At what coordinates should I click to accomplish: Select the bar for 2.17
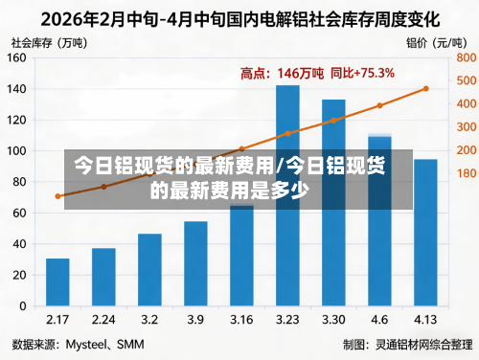57,282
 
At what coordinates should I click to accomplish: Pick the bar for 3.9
195,263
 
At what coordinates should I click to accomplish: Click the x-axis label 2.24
103,319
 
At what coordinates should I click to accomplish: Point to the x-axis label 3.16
241,319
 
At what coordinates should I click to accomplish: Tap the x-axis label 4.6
379,319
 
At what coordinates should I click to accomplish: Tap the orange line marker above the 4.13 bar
425,89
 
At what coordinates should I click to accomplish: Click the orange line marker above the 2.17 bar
58,196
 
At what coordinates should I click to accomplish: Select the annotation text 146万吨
302,73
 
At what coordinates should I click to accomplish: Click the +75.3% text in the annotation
373,73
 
